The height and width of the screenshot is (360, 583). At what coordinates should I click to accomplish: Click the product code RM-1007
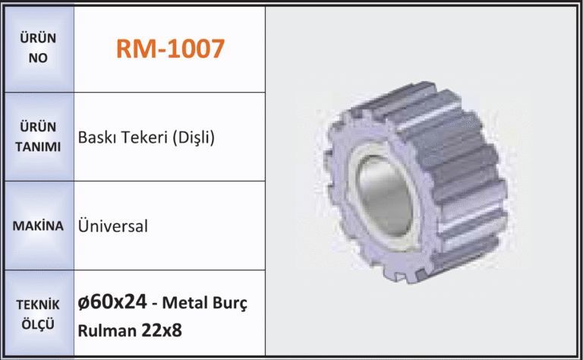[170, 49]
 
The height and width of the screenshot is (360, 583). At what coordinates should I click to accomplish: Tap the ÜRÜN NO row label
[38, 48]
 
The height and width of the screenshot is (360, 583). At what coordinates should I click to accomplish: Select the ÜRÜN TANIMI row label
[38, 137]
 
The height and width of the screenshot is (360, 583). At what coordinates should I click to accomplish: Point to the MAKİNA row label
[38, 226]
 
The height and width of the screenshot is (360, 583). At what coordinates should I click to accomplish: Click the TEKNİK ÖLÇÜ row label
[38, 314]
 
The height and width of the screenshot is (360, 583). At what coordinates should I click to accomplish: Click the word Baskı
[96, 137]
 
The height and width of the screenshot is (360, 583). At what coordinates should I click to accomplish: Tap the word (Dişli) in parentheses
[194, 137]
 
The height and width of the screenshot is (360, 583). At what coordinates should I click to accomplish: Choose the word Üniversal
[112, 226]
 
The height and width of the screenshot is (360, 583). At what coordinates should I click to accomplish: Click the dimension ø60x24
[112, 302]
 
